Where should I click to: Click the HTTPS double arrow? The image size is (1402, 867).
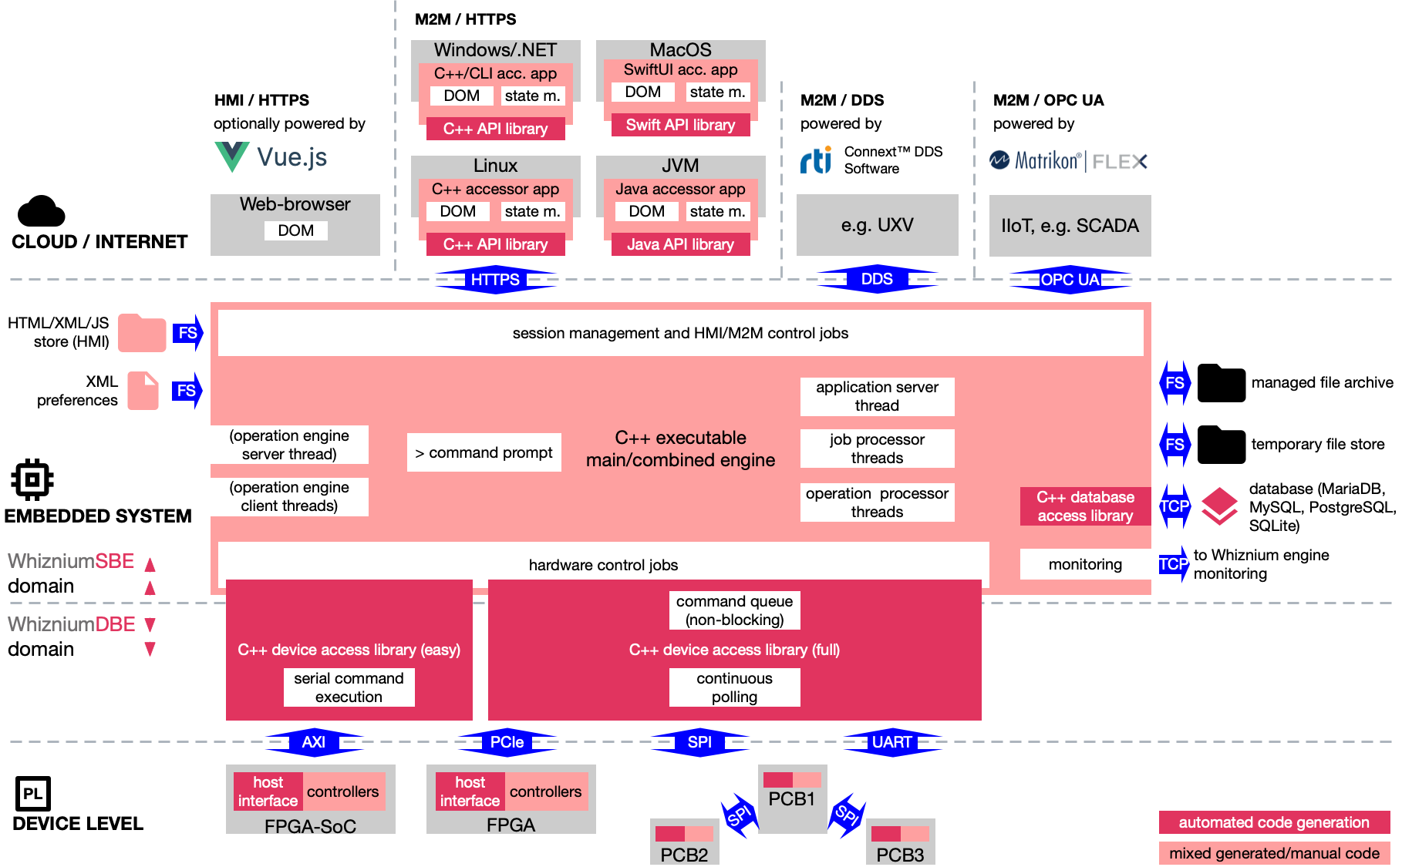(495, 279)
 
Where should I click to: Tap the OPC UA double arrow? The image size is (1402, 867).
(1070, 279)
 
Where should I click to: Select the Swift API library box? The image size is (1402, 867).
(680, 125)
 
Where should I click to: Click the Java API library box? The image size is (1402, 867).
(680, 244)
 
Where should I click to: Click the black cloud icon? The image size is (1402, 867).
(41, 210)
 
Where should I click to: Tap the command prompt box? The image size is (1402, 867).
(484, 452)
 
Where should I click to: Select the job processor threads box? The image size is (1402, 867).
(877, 449)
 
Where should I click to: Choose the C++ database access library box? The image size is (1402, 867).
(1085, 506)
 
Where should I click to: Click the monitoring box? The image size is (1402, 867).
(1085, 564)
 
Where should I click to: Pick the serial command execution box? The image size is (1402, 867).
(349, 687)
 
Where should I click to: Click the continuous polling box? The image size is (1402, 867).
(734, 687)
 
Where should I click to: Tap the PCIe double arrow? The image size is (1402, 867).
(507, 742)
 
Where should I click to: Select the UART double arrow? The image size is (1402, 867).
(891, 742)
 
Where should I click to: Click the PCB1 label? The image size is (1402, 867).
(792, 799)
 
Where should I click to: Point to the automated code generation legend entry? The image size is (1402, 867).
(1274, 822)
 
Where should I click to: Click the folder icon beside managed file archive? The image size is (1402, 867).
(1221, 383)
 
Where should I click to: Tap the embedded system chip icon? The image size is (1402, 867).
(32, 480)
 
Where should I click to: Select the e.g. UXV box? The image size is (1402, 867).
(877, 225)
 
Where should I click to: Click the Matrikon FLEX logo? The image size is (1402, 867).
(1070, 160)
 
